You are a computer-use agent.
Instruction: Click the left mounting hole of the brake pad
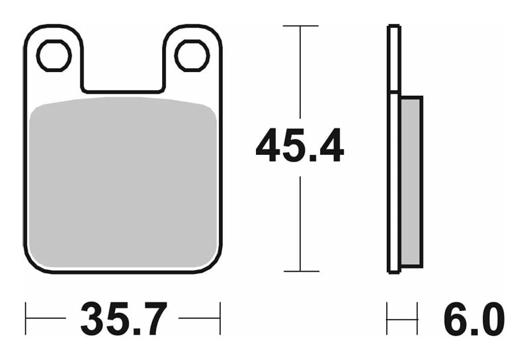[x=54, y=56]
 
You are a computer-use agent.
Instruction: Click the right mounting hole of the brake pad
[x=192, y=56]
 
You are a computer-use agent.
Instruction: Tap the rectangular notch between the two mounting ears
[x=123, y=73]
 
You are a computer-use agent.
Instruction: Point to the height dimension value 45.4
[x=300, y=147]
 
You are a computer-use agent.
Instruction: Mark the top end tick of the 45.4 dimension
[x=300, y=26]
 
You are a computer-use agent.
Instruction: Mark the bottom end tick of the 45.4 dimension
[x=300, y=271]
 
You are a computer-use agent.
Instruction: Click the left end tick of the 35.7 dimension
[x=26, y=319]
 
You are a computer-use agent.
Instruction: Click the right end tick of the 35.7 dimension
[x=220, y=319]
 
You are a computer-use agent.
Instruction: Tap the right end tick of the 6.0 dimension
[x=417, y=319]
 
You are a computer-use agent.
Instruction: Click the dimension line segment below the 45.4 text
[x=300, y=222]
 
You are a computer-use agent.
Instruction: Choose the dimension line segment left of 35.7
[x=46, y=319]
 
